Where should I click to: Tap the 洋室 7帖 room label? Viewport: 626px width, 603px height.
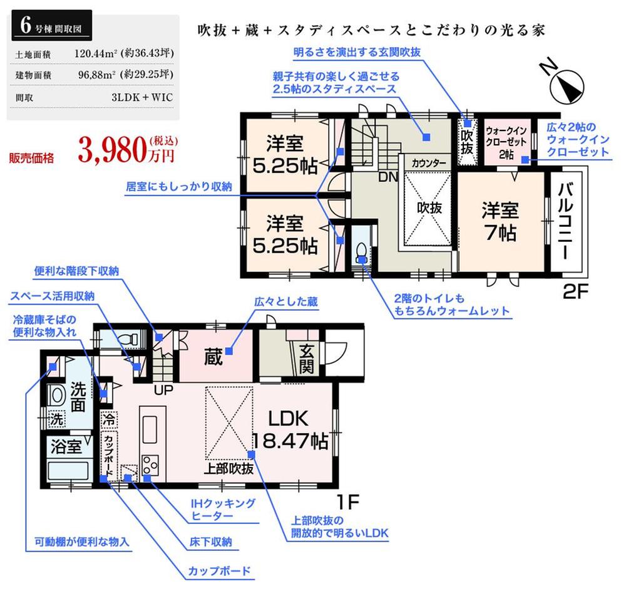tap(499, 221)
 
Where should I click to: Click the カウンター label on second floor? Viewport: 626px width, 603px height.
tap(429, 163)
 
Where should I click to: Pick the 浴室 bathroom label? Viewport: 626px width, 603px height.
tap(66, 448)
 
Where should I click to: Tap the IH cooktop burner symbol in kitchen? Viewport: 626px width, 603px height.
tap(150, 464)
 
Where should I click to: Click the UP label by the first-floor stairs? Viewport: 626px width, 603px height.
tap(164, 389)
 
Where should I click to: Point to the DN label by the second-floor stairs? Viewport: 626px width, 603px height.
tap(388, 177)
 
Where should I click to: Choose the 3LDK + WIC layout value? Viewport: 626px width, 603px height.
tap(141, 97)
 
